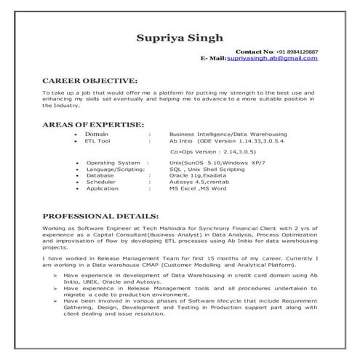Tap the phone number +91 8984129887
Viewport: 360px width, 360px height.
[297, 52]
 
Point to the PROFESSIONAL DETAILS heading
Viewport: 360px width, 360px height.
[100, 216]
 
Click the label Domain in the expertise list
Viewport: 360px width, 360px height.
[97, 135]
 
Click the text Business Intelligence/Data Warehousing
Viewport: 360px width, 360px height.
[228, 135]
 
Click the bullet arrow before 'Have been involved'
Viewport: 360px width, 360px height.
[55, 300]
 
